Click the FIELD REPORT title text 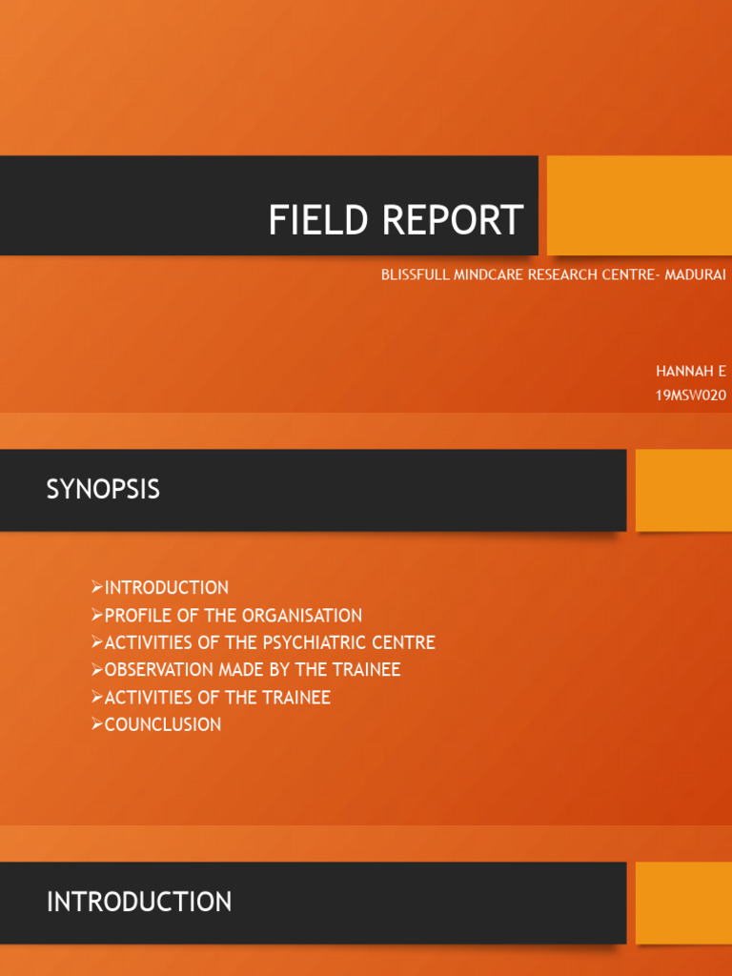[x=396, y=220]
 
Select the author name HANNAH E [x=691, y=372]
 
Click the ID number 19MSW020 [x=691, y=395]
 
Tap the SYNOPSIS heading [x=103, y=490]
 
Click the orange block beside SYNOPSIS [x=683, y=490]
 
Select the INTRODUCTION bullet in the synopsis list [x=166, y=588]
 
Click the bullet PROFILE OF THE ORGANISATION [x=233, y=616]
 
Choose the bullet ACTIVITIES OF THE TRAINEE [x=217, y=698]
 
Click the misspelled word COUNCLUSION [x=162, y=724]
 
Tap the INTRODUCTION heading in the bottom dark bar [x=139, y=902]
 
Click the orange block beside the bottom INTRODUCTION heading [x=683, y=903]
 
